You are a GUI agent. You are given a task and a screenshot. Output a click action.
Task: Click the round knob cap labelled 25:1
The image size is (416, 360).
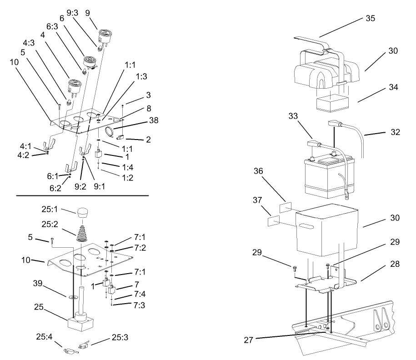point(82,213)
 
